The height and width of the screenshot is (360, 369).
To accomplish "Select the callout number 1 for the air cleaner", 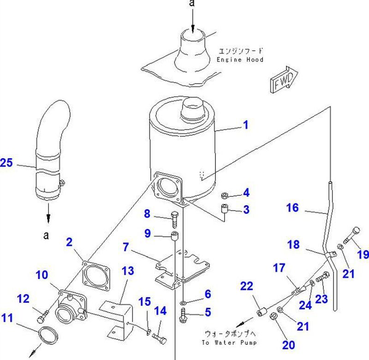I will [246, 124].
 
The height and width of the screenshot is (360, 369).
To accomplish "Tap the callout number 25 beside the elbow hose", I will [8, 163].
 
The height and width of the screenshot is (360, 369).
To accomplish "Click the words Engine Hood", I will [240, 59].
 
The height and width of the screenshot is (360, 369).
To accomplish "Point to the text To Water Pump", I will [228, 342].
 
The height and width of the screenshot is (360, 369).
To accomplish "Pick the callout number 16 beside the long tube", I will [292, 207].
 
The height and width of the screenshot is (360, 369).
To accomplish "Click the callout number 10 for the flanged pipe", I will [42, 275].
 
